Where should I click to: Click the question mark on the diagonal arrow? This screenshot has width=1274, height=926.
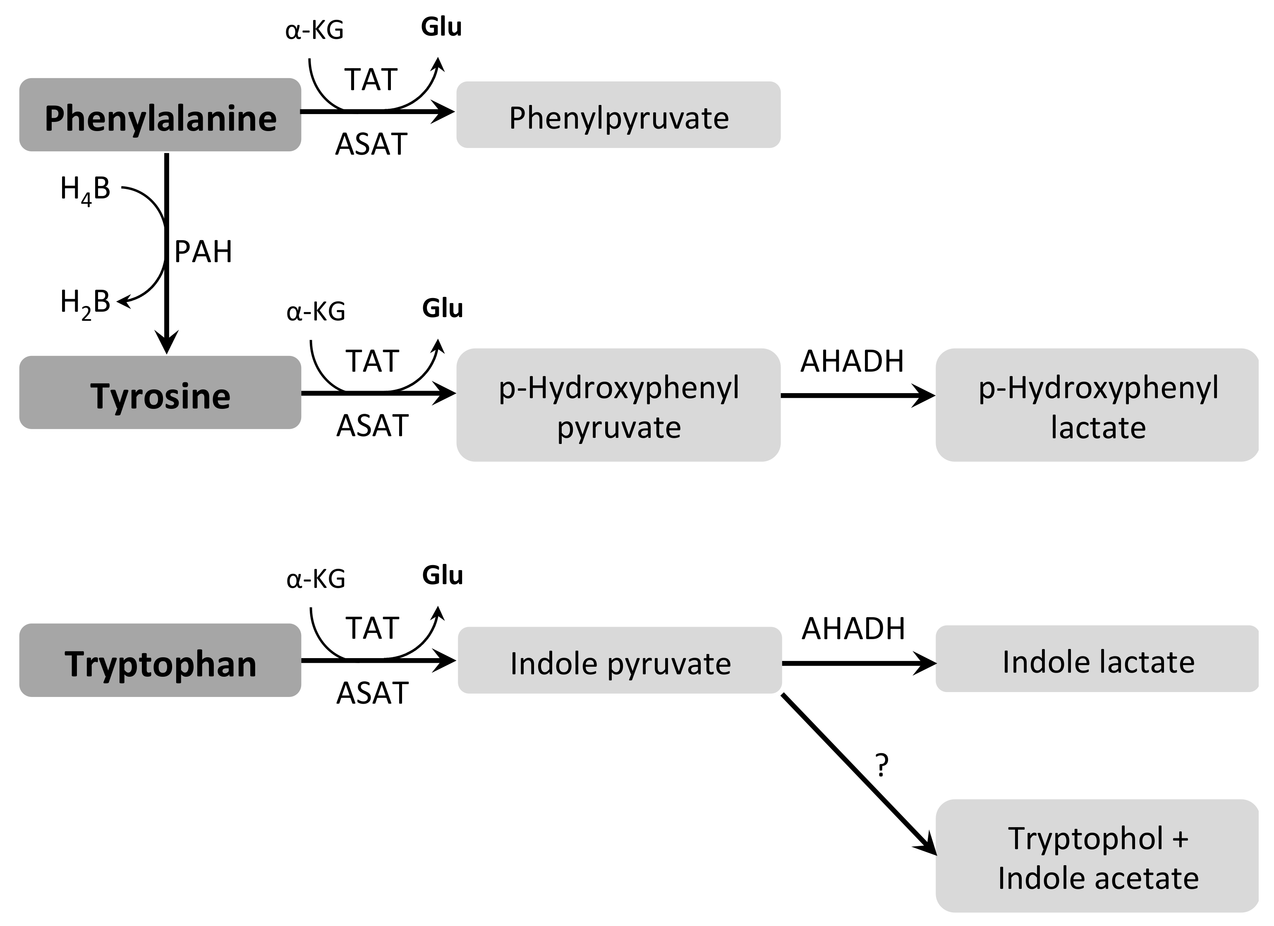click(x=882, y=766)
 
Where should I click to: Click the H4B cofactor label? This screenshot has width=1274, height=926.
click(x=85, y=190)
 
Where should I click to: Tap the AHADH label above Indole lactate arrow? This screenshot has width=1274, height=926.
click(x=853, y=628)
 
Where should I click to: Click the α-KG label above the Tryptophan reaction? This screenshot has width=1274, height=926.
click(x=315, y=579)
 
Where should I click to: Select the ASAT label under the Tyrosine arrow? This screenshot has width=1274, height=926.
click(x=372, y=426)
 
